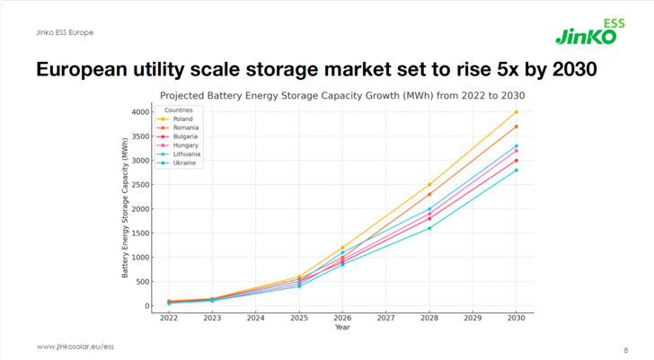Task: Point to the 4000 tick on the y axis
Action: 139,112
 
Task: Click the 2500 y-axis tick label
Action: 139,185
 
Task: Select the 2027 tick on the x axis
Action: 385,318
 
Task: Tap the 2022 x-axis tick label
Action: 168,318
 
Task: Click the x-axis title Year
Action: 342,328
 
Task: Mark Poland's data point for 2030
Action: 516,112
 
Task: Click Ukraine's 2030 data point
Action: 516,170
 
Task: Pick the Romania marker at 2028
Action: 429,194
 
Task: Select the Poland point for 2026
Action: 342,248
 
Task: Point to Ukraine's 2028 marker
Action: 429,228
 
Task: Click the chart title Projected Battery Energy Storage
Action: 342,94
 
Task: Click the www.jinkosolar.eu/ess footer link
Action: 75,347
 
